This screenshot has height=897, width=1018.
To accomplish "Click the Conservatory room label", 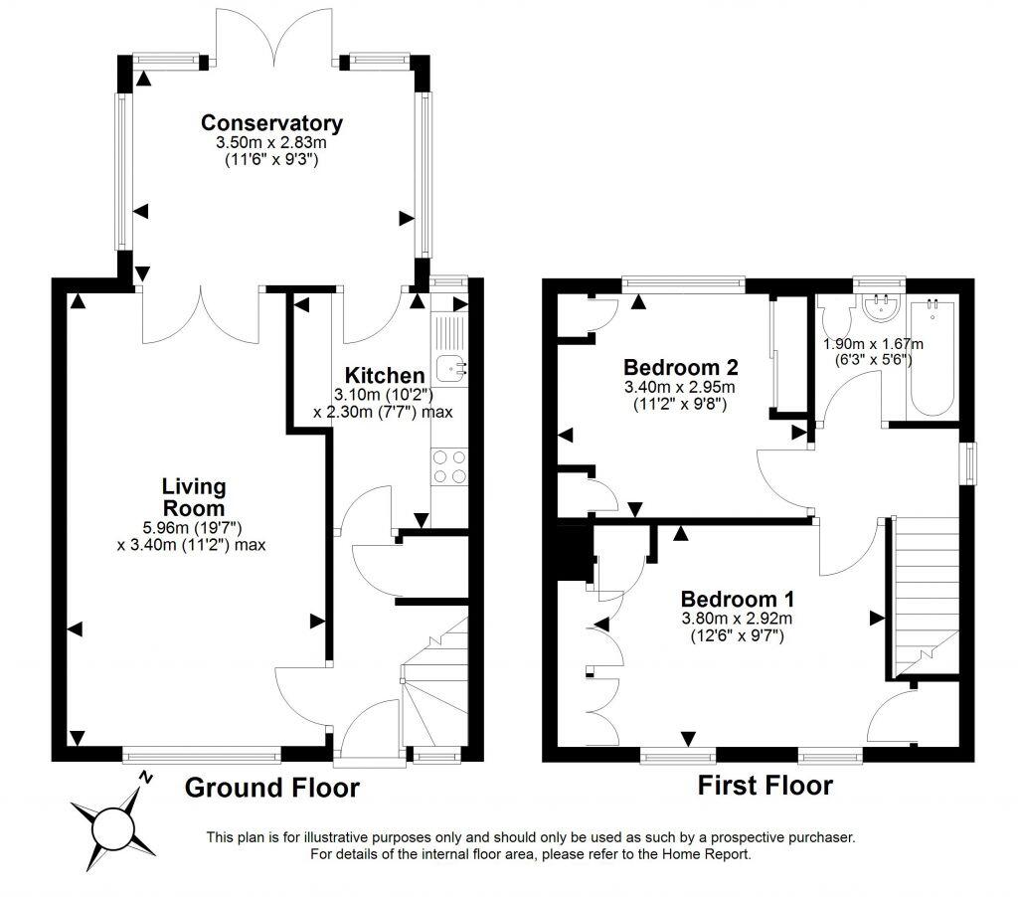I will tap(271, 123).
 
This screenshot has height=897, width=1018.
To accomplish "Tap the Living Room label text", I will tap(194, 496).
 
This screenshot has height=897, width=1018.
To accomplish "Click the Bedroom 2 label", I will tap(680, 365).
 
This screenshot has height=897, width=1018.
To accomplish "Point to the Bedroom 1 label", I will tap(737, 600).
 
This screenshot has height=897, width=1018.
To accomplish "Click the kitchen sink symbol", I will tap(450, 367).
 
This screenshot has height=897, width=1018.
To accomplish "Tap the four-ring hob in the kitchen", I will tap(449, 466).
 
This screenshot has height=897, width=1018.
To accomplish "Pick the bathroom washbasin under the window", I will tap(879, 309).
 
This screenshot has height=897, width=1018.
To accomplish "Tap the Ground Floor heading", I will tap(271, 789).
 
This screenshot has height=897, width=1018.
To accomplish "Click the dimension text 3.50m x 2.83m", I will tap(271, 144).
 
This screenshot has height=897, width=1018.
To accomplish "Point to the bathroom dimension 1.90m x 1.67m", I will tap(873, 345).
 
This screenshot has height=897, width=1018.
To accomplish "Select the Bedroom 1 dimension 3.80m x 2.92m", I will tap(737, 620).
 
